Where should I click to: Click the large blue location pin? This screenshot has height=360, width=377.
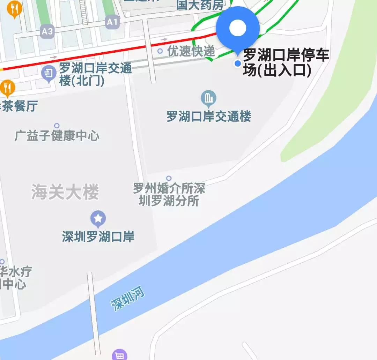pos(238,28)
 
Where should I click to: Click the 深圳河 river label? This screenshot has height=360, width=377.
pos(128,300)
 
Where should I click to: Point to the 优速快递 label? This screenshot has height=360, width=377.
pos(191,51)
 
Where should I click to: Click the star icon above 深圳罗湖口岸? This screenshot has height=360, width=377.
pos(98,219)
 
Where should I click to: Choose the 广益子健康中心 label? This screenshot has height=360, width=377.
pos(57,136)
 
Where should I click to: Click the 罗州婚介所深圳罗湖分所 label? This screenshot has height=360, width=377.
pos(169,195)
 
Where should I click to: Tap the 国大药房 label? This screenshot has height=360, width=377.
pos(200,5)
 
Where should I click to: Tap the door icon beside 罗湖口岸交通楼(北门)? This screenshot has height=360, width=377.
pos(49,73)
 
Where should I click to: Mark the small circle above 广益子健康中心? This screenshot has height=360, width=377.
pos(57,126)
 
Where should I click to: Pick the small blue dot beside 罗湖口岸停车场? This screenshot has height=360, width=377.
pos(238,63)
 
